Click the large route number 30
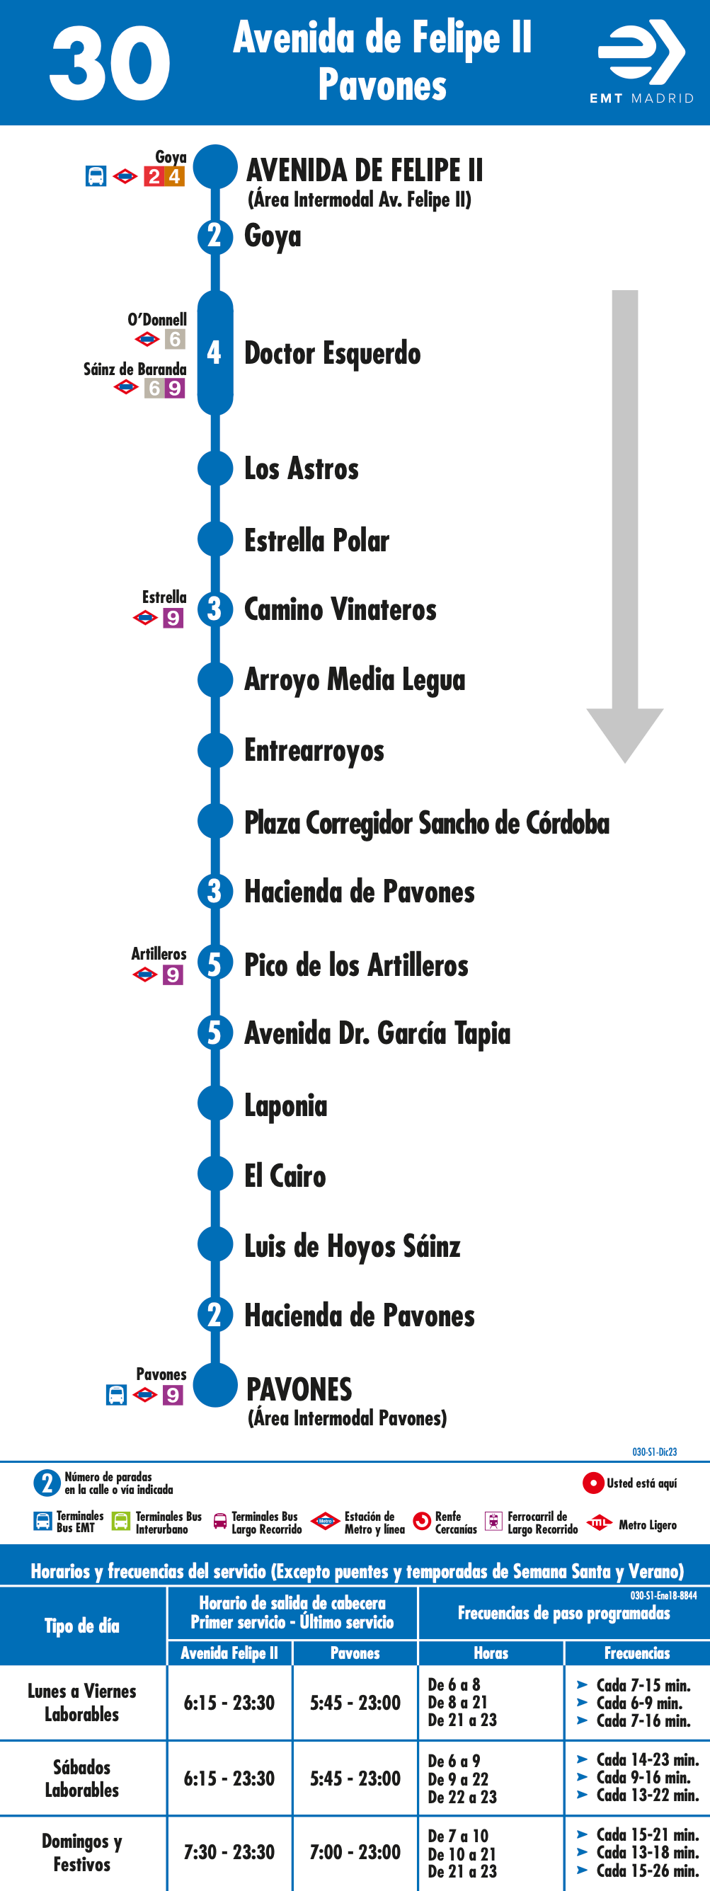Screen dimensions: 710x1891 pyautogui.click(x=110, y=63)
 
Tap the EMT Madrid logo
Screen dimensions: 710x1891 pyautogui.click(x=641, y=62)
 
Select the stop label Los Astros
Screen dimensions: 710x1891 pyautogui.click(x=301, y=469)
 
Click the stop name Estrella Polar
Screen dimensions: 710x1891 pyautogui.click(x=316, y=540)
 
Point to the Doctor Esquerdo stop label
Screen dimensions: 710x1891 pyautogui.click(x=332, y=353)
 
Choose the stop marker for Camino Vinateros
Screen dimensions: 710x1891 pyautogui.click(x=215, y=609)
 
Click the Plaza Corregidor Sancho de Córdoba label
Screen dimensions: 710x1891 pyautogui.click(x=427, y=823)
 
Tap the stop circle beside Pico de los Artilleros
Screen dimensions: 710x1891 pyautogui.click(x=215, y=963)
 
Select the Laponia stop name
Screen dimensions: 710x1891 pyautogui.click(x=285, y=1105)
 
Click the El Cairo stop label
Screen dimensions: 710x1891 pyautogui.click(x=285, y=1176)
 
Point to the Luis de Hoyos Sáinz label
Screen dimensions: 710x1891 pyautogui.click(x=353, y=1246)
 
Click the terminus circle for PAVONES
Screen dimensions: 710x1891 pyautogui.click(x=215, y=1385)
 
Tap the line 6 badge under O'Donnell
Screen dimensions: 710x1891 pyautogui.click(x=175, y=339)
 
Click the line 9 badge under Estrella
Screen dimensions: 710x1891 pyautogui.click(x=173, y=618)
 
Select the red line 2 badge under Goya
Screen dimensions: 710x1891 pyautogui.click(x=154, y=176)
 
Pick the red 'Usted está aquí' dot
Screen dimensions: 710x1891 pyautogui.click(x=593, y=1483)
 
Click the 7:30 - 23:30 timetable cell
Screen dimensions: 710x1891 pyautogui.click(x=229, y=1852)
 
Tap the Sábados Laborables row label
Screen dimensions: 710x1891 pyautogui.click(x=81, y=1778)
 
